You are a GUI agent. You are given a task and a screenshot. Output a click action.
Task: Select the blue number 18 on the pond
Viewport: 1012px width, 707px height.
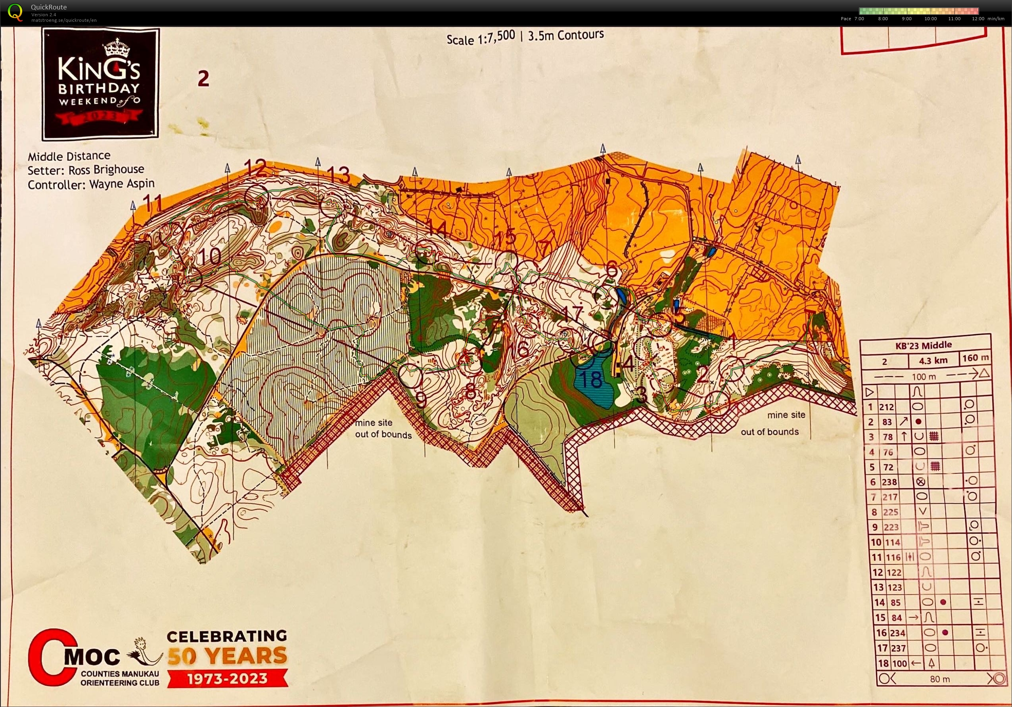591,379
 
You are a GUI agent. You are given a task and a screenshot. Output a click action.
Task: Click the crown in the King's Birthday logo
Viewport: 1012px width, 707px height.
114,47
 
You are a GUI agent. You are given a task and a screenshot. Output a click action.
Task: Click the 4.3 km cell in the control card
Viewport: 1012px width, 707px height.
933,360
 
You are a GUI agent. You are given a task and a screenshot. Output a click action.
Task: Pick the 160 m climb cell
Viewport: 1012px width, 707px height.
975,358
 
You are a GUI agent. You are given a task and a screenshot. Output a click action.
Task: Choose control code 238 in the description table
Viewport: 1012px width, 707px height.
889,482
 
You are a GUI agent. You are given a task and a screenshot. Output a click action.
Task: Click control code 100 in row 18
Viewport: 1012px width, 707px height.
899,663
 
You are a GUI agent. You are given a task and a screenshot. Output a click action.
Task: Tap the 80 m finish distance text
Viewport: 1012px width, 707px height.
940,679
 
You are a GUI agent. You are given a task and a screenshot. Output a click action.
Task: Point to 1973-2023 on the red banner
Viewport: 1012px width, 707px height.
227,678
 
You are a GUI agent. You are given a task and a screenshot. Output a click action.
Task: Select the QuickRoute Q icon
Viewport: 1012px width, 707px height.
15,12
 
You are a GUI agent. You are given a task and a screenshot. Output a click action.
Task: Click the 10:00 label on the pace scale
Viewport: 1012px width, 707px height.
930,19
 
